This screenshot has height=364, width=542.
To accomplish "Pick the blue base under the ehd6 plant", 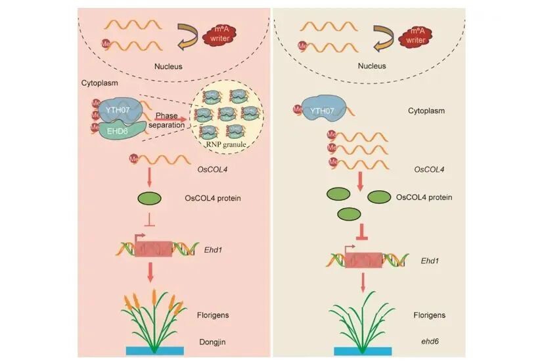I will click(363, 350).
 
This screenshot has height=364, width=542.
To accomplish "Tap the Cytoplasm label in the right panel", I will click(426, 111).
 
